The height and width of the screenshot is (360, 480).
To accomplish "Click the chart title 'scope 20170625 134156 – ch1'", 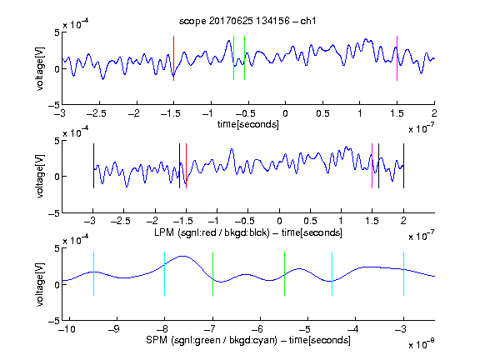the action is tap(247, 21).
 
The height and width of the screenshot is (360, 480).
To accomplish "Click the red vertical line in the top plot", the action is tap(173, 58).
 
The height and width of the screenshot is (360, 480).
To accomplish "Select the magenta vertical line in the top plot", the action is tap(397, 58).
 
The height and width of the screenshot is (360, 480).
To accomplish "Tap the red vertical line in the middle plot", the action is tap(186, 166).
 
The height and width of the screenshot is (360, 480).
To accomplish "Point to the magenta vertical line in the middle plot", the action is tap(372, 166).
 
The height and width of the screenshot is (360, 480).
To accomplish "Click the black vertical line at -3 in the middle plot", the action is tap(93, 166).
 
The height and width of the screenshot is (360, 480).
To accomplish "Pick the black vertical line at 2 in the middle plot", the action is tap(403, 166).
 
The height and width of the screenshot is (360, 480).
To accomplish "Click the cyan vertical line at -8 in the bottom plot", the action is tap(165, 273).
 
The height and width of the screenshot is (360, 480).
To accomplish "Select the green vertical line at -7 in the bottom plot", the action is tap(212, 273).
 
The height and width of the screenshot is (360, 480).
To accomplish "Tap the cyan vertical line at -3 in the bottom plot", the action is tap(403, 273).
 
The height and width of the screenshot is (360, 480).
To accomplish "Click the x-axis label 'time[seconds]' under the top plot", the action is tap(248, 124).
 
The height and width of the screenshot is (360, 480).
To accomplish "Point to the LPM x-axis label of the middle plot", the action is tap(248, 232).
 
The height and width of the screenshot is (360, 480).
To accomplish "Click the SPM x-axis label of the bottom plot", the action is tap(248, 340).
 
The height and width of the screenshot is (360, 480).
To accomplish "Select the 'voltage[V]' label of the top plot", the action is tap(40, 68).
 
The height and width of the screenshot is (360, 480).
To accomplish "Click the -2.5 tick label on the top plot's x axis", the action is tap(96, 114).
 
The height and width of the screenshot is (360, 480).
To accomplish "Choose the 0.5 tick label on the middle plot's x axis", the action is tap(310, 221).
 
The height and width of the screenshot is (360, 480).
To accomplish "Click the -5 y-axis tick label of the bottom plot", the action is tap(54, 321).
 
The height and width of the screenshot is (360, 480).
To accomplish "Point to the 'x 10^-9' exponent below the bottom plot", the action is tap(421, 344).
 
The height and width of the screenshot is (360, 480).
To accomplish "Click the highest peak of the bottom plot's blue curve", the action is tap(182, 256).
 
